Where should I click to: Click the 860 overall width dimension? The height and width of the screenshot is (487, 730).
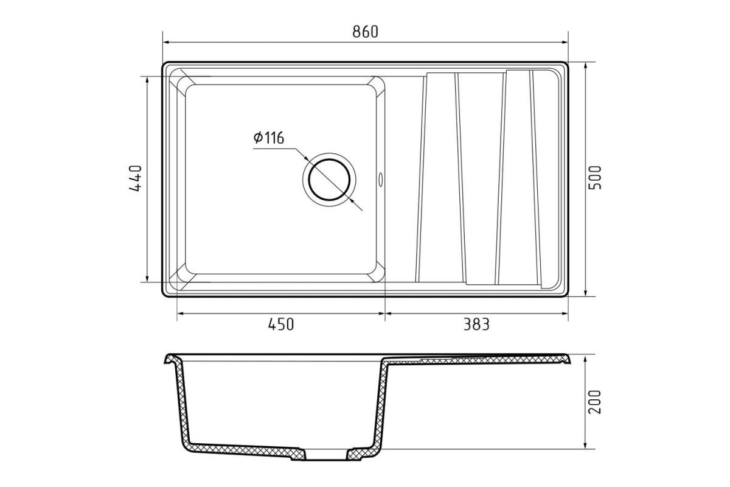click(x=366, y=32)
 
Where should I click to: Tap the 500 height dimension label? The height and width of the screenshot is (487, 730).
click(x=594, y=177)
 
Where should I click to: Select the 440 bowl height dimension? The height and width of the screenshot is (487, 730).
click(x=136, y=178)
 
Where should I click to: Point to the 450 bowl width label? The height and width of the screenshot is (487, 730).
click(x=281, y=324)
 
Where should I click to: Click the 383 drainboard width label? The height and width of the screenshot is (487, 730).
click(x=476, y=324)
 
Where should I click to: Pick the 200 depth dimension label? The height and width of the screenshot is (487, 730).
click(x=594, y=402)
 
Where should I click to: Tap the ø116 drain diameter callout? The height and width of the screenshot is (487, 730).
click(x=269, y=138)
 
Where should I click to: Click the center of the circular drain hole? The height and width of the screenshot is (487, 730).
click(x=329, y=180)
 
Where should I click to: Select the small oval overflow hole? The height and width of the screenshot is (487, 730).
click(x=380, y=180)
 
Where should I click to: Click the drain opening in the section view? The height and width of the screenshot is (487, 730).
click(x=326, y=454)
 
